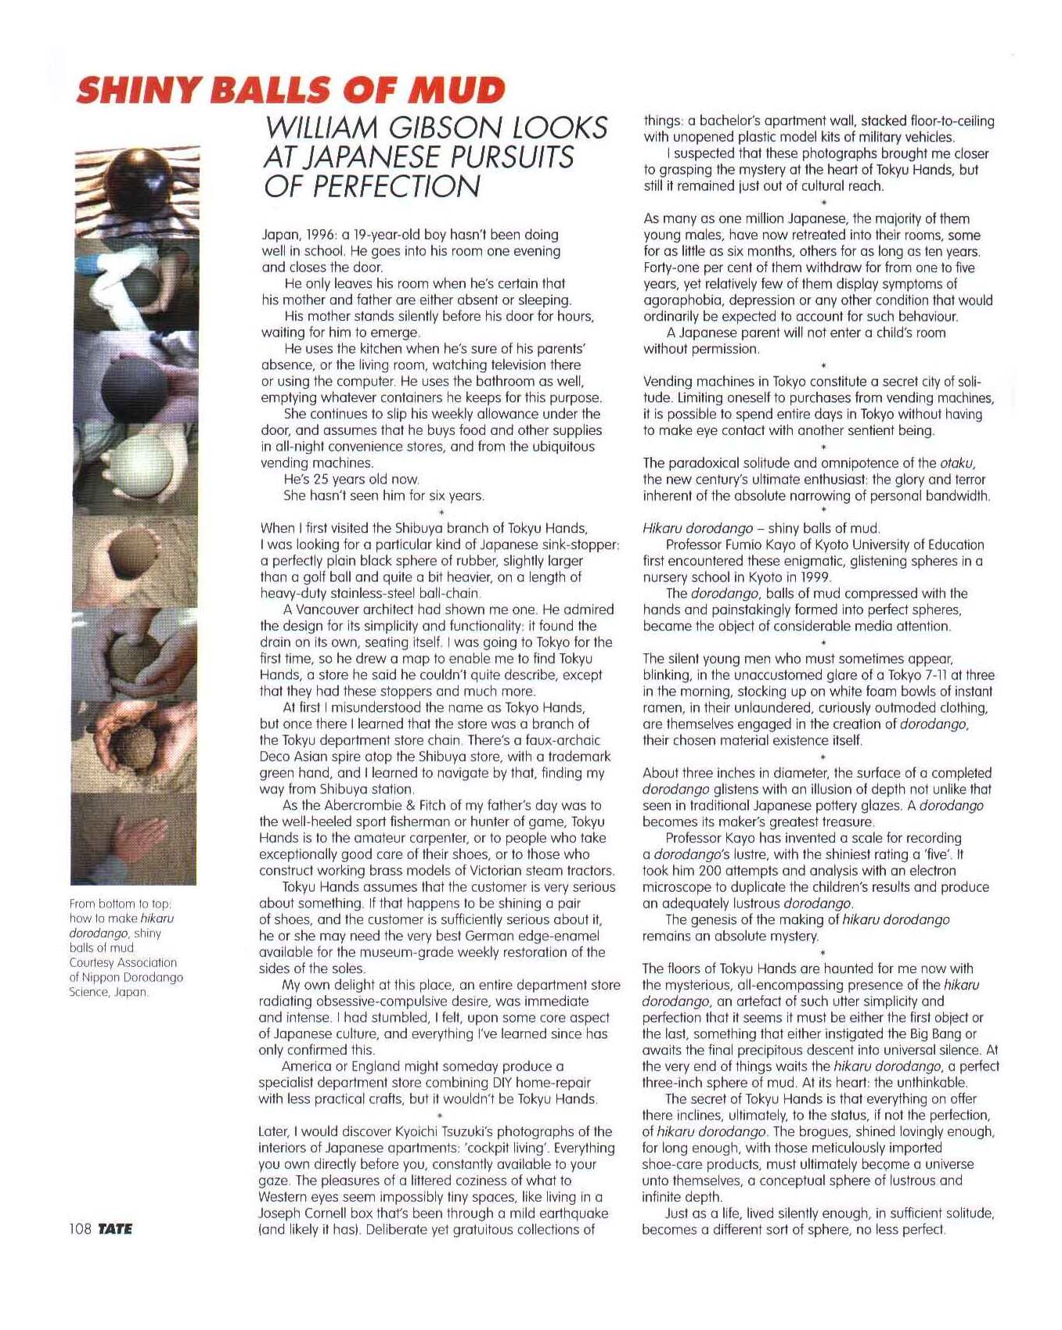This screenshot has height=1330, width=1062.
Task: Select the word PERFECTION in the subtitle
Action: (x=371, y=186)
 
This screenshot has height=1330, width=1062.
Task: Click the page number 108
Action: (x=81, y=1228)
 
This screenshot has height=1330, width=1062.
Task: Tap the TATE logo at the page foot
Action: (x=115, y=1228)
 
